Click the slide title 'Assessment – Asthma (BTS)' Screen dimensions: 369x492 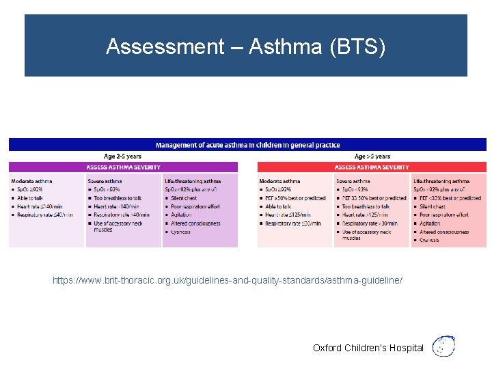(x=246, y=46)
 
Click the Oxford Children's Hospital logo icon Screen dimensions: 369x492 (x=445, y=346)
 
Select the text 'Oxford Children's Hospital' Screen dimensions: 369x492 (x=368, y=348)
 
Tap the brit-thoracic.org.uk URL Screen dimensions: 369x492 (x=228, y=281)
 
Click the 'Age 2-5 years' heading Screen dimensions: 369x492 (x=123, y=156)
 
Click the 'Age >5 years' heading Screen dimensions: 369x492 (x=372, y=156)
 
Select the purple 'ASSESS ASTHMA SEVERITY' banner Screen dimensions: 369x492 (x=123, y=167)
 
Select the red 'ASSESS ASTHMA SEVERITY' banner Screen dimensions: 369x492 (x=372, y=167)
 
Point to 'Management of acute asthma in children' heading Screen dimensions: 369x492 (x=247, y=145)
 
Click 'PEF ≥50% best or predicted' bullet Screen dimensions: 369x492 (x=295, y=198)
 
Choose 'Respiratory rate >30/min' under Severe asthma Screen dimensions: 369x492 (x=369, y=223)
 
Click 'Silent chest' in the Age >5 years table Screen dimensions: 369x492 (x=433, y=206)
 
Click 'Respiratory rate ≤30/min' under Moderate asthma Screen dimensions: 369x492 (x=292, y=223)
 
